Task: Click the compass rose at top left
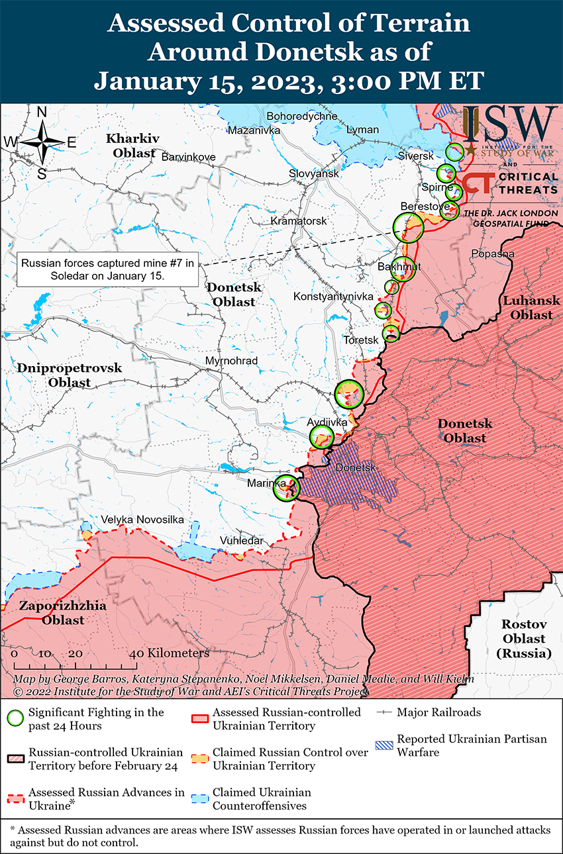41,142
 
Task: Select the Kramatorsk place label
299,220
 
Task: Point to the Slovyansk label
313,173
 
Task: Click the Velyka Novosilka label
142,520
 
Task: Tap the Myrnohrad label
231,361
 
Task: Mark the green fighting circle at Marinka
287,488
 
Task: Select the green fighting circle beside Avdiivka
322,437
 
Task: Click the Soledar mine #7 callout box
107,269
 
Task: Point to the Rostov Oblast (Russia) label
523,639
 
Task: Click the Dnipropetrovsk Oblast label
69,375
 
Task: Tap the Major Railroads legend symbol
384,713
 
